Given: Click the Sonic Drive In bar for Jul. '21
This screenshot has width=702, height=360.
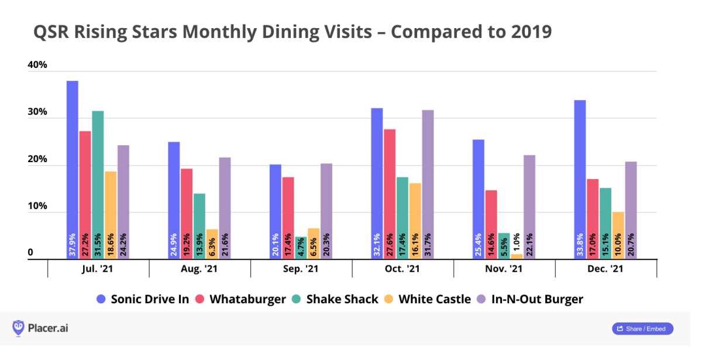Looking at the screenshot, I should coord(73,170).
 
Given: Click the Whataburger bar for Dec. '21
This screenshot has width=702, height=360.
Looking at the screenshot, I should coord(592,219).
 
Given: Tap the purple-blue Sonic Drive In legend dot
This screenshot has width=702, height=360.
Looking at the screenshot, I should coord(100,300).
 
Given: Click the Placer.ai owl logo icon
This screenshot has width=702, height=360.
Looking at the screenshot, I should coord(18,328).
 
